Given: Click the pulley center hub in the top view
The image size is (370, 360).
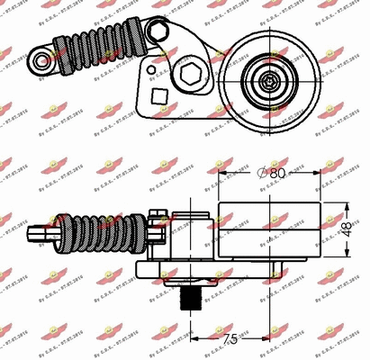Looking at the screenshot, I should tap(269, 80).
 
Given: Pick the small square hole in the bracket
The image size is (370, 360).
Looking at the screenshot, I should tap(160, 94).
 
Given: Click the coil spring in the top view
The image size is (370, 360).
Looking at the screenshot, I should tap(97, 49).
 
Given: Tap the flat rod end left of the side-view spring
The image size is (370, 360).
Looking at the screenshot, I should tap(41, 235).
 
